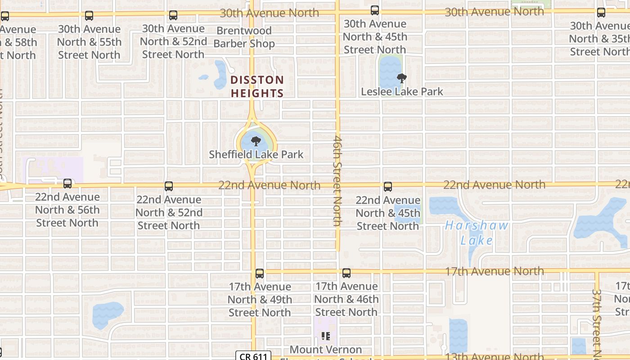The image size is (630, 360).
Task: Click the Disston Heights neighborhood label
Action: (257, 87)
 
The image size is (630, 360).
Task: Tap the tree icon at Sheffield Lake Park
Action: (256, 141)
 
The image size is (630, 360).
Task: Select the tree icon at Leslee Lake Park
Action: (401, 78)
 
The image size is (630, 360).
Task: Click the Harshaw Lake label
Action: (477, 233)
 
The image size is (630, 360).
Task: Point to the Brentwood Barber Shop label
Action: (244, 37)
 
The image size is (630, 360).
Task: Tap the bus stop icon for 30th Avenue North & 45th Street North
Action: (374, 10)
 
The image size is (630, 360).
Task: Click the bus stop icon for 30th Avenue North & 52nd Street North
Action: (173, 15)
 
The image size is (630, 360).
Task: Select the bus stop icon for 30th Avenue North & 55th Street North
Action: (89, 16)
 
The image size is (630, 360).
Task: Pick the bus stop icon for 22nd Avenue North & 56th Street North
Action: (67, 184)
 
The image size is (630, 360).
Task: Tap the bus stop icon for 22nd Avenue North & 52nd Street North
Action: (169, 186)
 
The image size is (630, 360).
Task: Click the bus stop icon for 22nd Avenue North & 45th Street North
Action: (387, 187)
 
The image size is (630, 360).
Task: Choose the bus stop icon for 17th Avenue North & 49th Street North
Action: (260, 273)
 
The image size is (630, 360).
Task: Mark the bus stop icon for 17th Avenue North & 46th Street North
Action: (346, 273)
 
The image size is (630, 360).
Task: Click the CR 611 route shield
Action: (253, 356)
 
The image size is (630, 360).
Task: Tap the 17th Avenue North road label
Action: (494, 271)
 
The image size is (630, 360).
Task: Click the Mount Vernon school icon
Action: (326, 336)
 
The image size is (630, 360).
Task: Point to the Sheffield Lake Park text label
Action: (256, 154)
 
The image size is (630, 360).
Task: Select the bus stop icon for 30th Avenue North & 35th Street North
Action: (601, 13)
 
